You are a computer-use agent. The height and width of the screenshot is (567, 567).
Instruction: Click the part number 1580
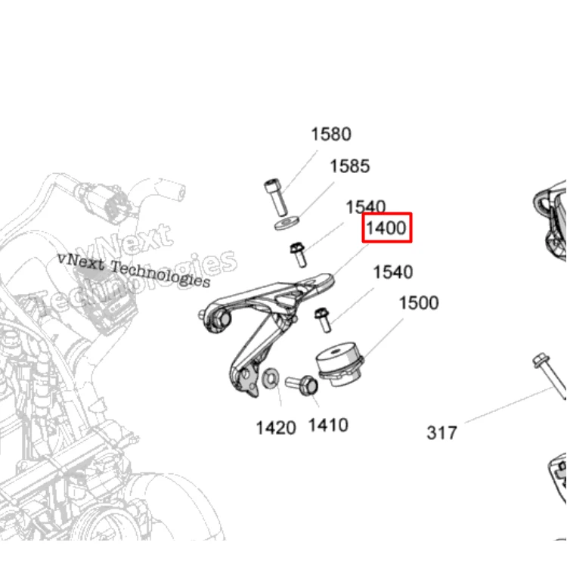[x=331, y=134]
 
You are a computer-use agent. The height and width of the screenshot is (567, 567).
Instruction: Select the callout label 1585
[x=350, y=166]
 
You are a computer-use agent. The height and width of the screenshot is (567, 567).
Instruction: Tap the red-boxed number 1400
[x=386, y=228]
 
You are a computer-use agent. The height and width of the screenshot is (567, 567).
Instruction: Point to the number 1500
[x=419, y=303]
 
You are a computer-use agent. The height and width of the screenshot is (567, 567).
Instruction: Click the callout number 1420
[x=276, y=428]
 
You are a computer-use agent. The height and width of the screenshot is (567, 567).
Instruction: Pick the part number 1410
[x=328, y=425]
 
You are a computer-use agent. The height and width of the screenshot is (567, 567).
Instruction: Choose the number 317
[x=442, y=433]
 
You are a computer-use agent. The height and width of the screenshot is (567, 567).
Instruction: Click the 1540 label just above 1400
[x=366, y=207]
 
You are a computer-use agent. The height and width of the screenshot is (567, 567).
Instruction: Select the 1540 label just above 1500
[x=393, y=272]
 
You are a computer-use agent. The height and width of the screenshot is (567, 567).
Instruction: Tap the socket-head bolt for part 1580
[x=276, y=197]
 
